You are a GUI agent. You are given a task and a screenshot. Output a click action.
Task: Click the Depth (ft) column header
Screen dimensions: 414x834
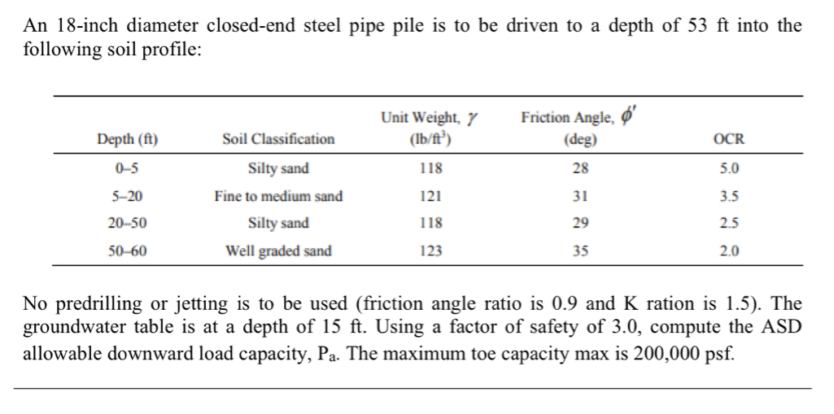pos(128,139)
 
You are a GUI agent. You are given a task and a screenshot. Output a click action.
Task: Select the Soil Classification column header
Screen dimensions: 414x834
pos(278,139)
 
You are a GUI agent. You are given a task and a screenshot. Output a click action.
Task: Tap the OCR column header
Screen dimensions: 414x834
pos(728,139)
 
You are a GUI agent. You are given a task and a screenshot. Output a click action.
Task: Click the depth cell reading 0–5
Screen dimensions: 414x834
pos(128,169)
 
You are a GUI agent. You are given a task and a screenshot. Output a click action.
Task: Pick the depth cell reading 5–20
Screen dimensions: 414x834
pos(128,196)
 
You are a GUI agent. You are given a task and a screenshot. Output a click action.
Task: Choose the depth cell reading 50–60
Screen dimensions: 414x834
pos(128,251)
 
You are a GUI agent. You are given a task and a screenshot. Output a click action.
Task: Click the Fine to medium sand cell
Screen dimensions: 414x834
pos(278,196)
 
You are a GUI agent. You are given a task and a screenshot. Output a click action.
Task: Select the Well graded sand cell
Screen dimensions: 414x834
pos(278,251)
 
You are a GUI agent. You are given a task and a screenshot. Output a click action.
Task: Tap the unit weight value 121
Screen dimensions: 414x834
pos(431,196)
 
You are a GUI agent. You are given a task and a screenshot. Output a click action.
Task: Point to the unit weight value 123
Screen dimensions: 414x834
pos(431,251)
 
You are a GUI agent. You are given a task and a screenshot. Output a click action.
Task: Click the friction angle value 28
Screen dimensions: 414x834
pos(580,169)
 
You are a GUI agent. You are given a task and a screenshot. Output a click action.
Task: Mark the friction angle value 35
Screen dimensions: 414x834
pos(580,251)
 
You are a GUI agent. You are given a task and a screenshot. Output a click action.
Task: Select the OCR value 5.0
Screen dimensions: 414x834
pos(730,169)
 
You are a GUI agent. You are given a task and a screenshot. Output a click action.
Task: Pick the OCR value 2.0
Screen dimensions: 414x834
pos(730,251)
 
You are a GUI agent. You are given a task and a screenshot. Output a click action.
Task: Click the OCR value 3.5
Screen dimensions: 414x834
pos(730,196)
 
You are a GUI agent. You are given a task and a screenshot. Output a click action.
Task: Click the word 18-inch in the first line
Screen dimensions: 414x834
pos(93,25)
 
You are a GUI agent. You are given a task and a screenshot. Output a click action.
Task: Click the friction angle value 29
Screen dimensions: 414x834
pos(580,223)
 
